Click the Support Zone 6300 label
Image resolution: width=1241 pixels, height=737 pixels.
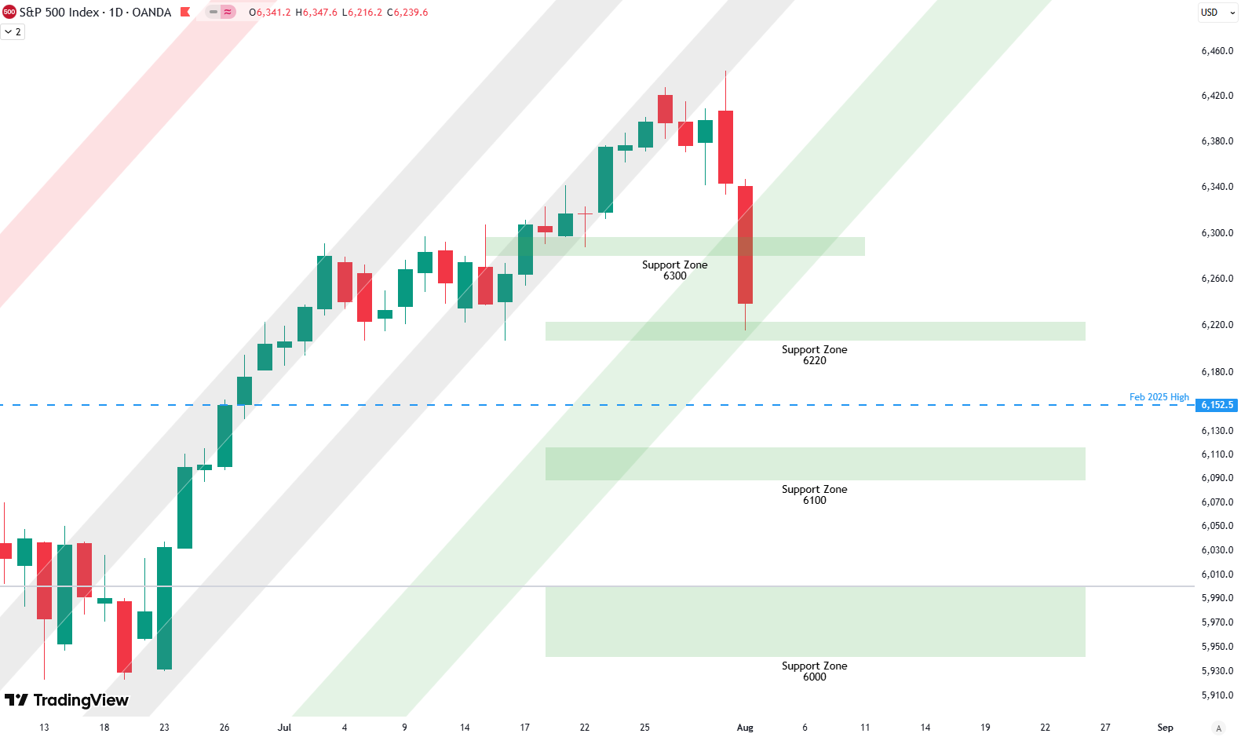(674, 270)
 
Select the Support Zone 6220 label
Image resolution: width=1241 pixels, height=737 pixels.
(814, 355)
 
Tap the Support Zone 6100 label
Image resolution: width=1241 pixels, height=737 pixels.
(814, 494)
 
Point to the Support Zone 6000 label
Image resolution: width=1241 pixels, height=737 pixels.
(814, 671)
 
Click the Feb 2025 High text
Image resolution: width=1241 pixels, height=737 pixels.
(1159, 397)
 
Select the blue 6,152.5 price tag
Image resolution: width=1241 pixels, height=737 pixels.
(1217, 405)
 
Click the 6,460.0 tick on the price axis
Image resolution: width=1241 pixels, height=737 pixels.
(1217, 51)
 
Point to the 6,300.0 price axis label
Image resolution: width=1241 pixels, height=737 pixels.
(1217, 233)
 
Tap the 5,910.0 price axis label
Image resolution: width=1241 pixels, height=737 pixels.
(1217, 695)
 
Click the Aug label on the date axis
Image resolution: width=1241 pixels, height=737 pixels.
(745, 728)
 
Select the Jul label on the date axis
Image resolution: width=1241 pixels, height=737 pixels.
(284, 728)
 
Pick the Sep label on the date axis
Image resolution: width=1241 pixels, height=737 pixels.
(1165, 728)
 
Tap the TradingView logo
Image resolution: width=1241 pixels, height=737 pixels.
(67, 700)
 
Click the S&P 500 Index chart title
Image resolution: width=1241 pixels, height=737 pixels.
(95, 13)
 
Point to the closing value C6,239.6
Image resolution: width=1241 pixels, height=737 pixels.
(407, 13)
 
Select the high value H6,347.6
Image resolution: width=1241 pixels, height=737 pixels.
(316, 13)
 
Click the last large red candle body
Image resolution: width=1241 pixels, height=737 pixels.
(745, 244)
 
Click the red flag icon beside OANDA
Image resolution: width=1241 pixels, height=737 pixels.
(185, 13)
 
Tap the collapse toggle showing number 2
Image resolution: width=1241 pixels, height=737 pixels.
(13, 32)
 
